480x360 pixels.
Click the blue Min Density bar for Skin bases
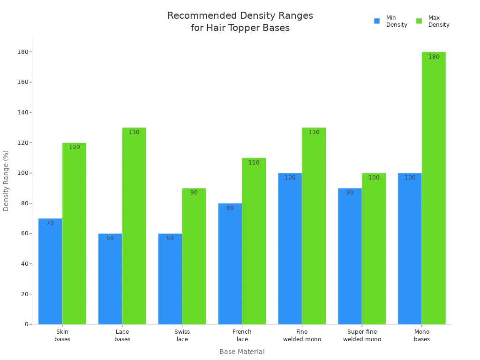click(x=50, y=272)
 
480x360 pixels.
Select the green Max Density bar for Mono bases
click(x=434, y=187)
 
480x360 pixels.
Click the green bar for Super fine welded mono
click(x=374, y=248)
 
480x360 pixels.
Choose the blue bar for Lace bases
click(x=110, y=279)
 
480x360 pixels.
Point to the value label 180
click(x=434, y=57)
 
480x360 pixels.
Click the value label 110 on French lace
click(x=254, y=163)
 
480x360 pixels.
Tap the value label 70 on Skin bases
click(x=50, y=223)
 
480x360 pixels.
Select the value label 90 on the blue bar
click(x=350, y=193)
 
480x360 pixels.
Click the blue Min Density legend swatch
click(x=377, y=21)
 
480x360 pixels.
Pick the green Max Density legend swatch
click(x=419, y=21)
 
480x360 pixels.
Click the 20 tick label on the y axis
click(x=25, y=294)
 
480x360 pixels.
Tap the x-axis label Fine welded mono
click(x=302, y=336)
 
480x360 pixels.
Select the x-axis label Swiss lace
click(x=182, y=336)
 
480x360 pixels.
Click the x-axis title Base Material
click(x=242, y=352)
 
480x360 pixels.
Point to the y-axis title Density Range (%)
click(x=6, y=180)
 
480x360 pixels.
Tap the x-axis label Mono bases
click(x=422, y=336)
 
